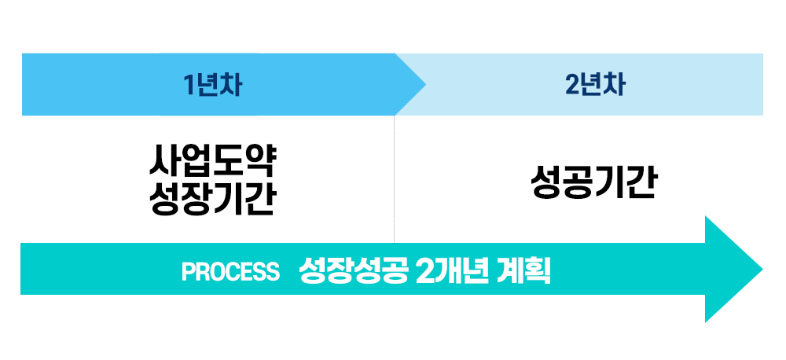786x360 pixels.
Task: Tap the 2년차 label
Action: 595,85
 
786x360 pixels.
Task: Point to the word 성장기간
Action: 212,198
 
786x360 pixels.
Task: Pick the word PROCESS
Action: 230,271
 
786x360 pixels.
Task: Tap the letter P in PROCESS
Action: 188,271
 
